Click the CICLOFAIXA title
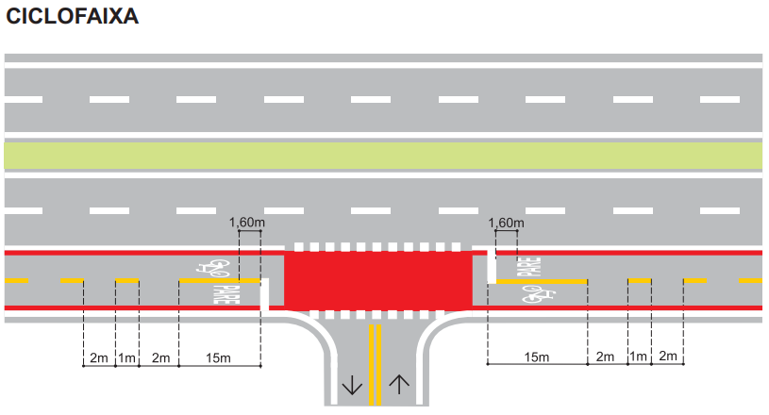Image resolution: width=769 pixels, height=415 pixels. [72, 16]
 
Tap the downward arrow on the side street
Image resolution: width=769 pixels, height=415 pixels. [352, 385]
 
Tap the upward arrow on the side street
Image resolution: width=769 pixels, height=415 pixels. [399, 385]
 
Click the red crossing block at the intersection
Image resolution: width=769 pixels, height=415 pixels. [378, 280]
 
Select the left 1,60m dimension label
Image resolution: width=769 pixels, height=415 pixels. [246, 223]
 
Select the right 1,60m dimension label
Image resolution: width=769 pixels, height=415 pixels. [506, 224]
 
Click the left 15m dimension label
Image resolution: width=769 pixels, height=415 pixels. [218, 358]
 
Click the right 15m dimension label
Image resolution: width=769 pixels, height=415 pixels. [537, 357]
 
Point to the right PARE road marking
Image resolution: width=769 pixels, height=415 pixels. [528, 267]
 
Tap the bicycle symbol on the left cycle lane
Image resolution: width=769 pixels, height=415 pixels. [213, 267]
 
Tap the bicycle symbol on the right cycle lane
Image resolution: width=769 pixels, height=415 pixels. [539, 293]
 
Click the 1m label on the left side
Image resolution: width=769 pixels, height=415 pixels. [127, 358]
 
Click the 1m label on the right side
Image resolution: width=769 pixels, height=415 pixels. [639, 357]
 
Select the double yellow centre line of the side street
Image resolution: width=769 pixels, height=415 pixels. [376, 364]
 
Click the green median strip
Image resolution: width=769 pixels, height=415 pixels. [383, 156]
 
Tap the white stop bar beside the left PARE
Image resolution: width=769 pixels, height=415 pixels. [264, 294]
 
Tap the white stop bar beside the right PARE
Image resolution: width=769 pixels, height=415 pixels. [492, 266]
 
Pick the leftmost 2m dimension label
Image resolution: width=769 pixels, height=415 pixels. [99, 358]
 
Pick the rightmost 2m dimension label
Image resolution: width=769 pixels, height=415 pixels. [668, 357]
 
